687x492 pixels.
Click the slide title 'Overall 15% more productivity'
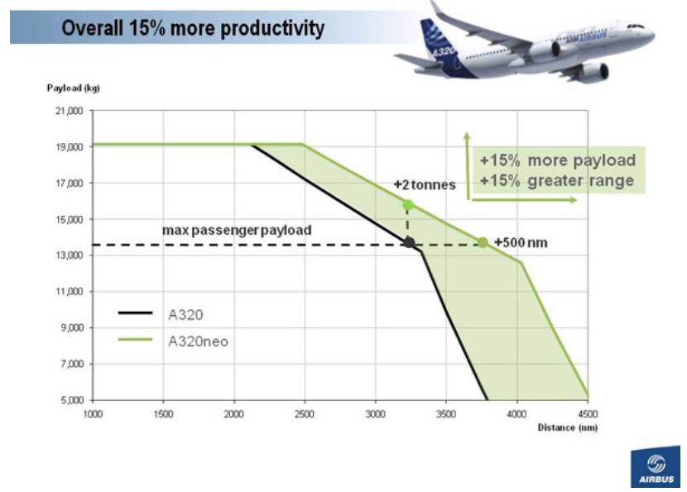[x=194, y=28]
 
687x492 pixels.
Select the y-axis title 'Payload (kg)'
[x=73, y=88]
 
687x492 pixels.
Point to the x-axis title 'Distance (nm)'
[x=567, y=427]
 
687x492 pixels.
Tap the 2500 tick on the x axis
[x=305, y=413]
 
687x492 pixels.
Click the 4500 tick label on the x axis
[x=588, y=413]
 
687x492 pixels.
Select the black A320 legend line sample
[x=136, y=313]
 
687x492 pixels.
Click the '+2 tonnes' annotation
[x=425, y=185]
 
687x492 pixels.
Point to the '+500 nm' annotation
[x=521, y=242]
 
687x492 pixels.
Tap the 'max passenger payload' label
[x=237, y=230]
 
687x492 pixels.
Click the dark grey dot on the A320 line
[x=409, y=242]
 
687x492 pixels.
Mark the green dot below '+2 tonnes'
[x=407, y=204]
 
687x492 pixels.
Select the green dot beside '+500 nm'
[x=483, y=242]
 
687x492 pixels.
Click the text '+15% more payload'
[x=558, y=160]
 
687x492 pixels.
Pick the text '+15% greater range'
[x=558, y=180]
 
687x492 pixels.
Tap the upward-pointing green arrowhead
[x=467, y=136]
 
